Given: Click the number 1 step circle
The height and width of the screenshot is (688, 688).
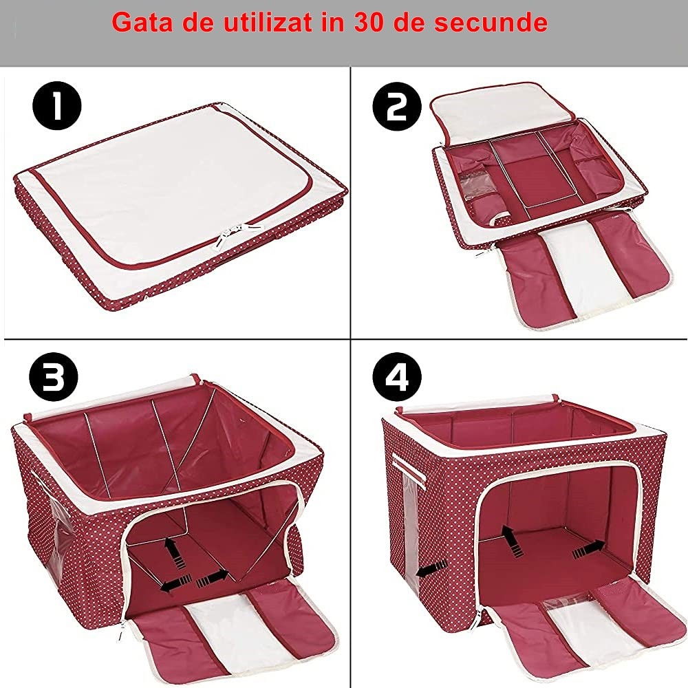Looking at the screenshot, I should pos(57,108).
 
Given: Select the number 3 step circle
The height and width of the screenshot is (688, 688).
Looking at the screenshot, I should pos(54,378).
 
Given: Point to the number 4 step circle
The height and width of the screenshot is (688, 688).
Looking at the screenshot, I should pos(396,378).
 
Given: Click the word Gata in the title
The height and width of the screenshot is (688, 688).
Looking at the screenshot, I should pos(140,22).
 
